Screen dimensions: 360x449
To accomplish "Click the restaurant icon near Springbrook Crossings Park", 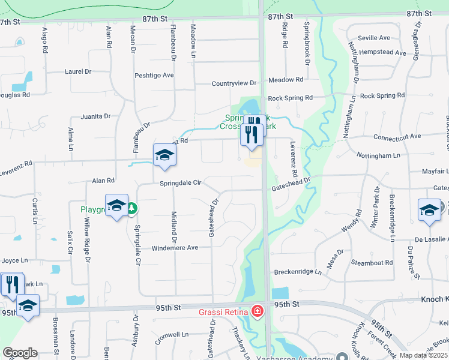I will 252,131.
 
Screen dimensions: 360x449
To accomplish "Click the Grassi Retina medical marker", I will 257,311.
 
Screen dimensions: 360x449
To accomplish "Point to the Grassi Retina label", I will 224,312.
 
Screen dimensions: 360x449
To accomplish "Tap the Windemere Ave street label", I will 175,248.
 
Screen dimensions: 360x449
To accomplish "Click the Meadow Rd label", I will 286,80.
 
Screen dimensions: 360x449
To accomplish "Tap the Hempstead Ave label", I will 383,52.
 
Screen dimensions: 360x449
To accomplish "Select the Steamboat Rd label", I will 371,263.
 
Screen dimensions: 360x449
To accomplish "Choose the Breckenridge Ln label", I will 298,272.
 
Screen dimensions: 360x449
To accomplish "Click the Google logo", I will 20,352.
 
